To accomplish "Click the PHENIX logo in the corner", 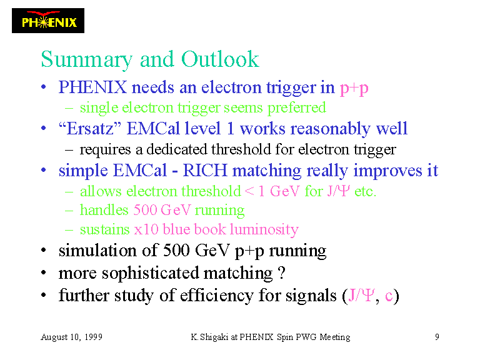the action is [x=48, y=21].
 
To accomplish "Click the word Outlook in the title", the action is [x=220, y=59].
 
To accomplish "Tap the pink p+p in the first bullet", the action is [x=354, y=89].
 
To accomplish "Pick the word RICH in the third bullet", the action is [x=205, y=170].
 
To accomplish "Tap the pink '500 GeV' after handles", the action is [x=162, y=210].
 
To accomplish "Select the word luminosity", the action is [x=264, y=229].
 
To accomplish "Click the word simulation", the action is [x=98, y=251].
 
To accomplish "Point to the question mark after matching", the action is [x=282, y=272].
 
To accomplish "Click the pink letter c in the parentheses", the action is [x=389, y=296].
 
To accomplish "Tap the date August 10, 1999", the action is [x=72, y=337].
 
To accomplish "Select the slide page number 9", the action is [x=437, y=337].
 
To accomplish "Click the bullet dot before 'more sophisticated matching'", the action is [x=44, y=272].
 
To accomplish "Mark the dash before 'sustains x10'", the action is [x=69, y=230].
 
